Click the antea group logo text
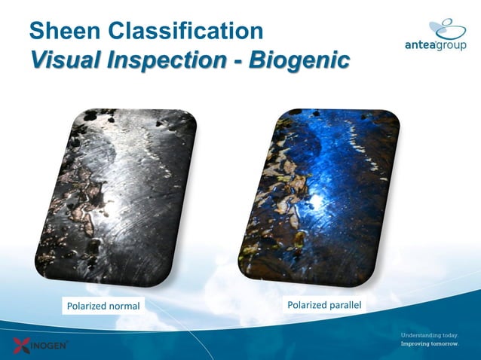tap(435, 45)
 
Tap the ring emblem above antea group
tap(448, 29)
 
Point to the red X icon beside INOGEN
tap(22, 346)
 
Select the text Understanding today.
tap(429, 334)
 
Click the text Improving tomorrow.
tap(429, 344)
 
